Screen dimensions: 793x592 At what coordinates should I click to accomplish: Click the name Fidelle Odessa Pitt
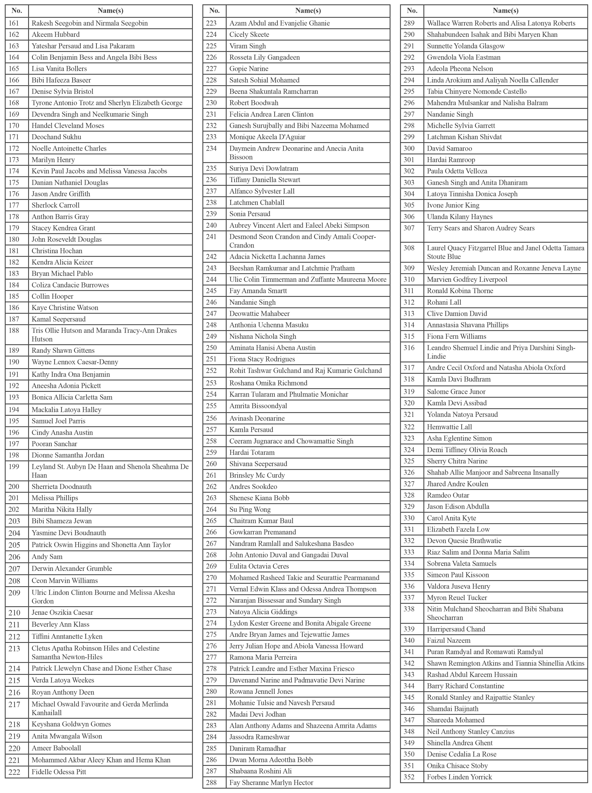(59, 772)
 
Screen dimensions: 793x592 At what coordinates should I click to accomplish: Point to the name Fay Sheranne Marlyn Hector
(271, 783)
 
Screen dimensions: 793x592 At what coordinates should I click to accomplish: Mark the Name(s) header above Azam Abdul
(308, 11)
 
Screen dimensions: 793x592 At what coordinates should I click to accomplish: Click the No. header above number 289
(412, 11)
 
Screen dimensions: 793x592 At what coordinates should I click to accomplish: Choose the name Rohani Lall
(444, 302)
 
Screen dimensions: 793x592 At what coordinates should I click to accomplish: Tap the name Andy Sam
(47, 557)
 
